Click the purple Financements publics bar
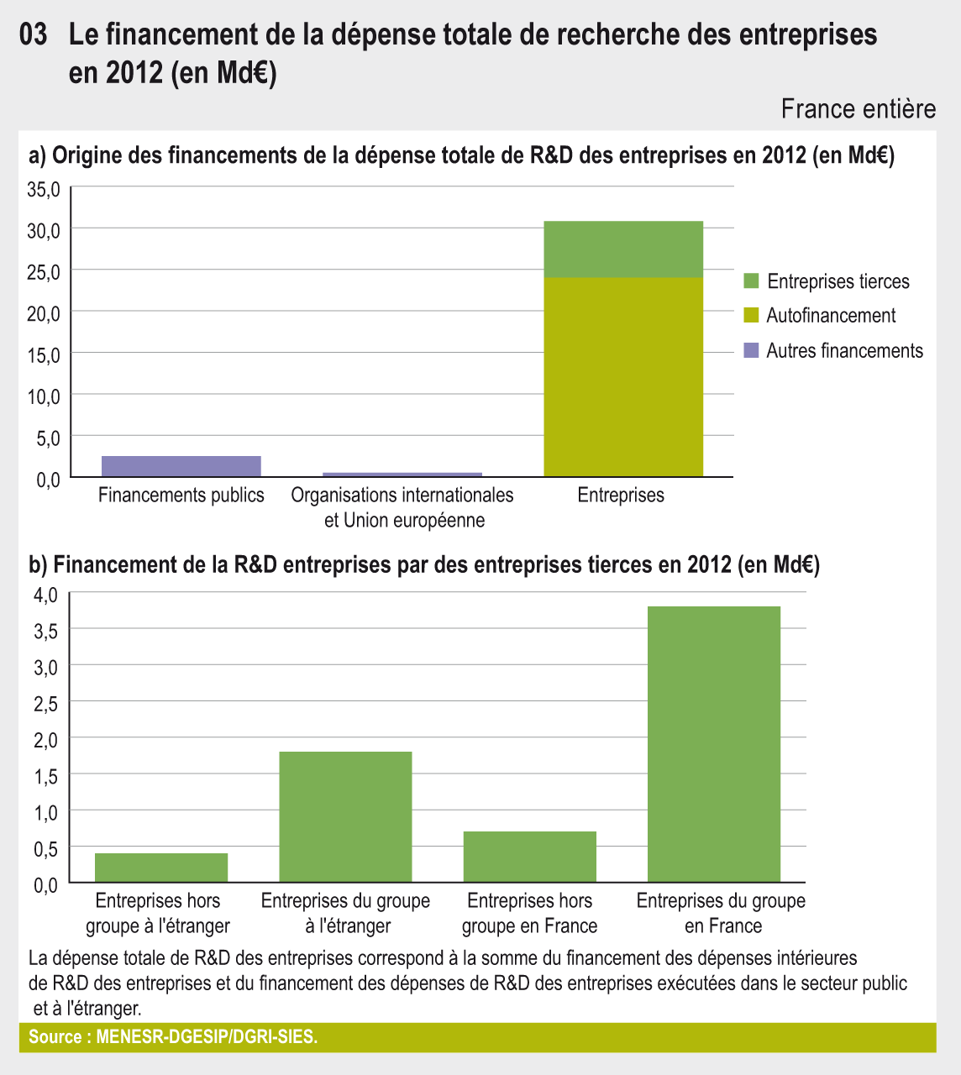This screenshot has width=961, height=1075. (x=181, y=466)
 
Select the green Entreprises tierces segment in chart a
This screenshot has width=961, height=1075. (x=623, y=249)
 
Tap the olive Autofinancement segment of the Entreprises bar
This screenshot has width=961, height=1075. (x=623, y=377)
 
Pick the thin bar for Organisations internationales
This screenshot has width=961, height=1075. (x=402, y=475)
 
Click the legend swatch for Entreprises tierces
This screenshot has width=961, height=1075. (x=751, y=281)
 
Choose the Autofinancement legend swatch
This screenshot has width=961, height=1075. (x=751, y=316)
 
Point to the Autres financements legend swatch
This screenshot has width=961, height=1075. (x=751, y=350)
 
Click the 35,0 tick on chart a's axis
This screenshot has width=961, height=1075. (x=44, y=190)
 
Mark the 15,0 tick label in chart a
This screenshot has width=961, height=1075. (x=44, y=355)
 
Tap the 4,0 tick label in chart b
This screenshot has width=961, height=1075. (x=45, y=595)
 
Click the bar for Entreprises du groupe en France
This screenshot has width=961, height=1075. (x=714, y=743)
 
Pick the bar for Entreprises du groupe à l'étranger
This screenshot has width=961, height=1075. (x=345, y=816)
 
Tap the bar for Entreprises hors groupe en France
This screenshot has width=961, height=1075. (x=530, y=857)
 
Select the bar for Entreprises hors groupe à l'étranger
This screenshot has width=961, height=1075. (x=161, y=868)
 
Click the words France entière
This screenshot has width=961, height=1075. (x=858, y=109)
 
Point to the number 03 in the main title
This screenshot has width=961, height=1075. (x=33, y=35)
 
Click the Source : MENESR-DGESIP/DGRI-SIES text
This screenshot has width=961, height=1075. (x=173, y=1037)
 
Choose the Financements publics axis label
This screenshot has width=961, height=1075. (x=181, y=496)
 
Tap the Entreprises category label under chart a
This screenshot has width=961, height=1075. (x=621, y=496)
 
